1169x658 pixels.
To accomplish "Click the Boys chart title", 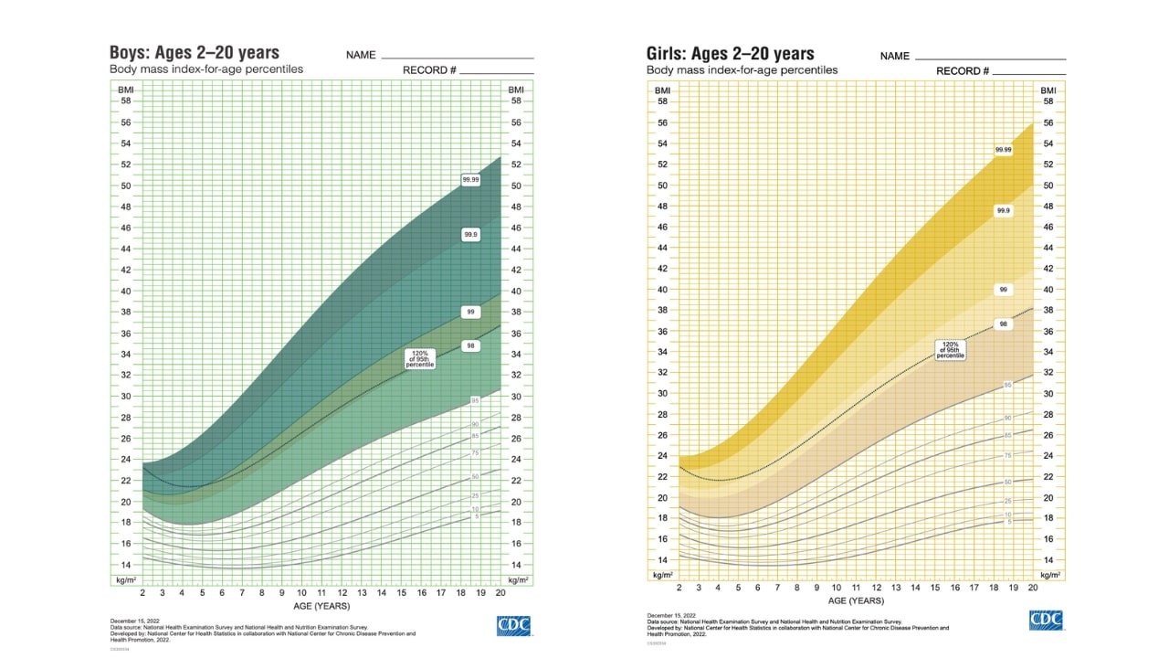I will tap(195, 52).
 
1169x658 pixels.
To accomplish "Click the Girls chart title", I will tap(731, 53).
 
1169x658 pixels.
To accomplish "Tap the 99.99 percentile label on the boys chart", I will tap(471, 180).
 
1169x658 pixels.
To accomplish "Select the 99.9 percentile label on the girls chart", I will tap(1003, 210).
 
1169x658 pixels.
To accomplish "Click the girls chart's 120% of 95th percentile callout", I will tap(950, 349).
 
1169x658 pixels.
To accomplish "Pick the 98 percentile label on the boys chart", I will tap(471, 345).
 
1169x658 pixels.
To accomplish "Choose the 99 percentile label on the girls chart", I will tap(1003, 290).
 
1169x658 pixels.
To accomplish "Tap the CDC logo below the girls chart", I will tap(1046, 620).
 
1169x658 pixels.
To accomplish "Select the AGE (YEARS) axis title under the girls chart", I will tap(856, 600).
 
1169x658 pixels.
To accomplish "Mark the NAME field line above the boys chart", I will tap(457, 58).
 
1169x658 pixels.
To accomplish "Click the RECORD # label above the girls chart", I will tap(963, 71).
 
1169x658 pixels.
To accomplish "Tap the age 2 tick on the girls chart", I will tap(679, 587).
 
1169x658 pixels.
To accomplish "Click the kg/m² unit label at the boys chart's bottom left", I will tap(124, 580).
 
